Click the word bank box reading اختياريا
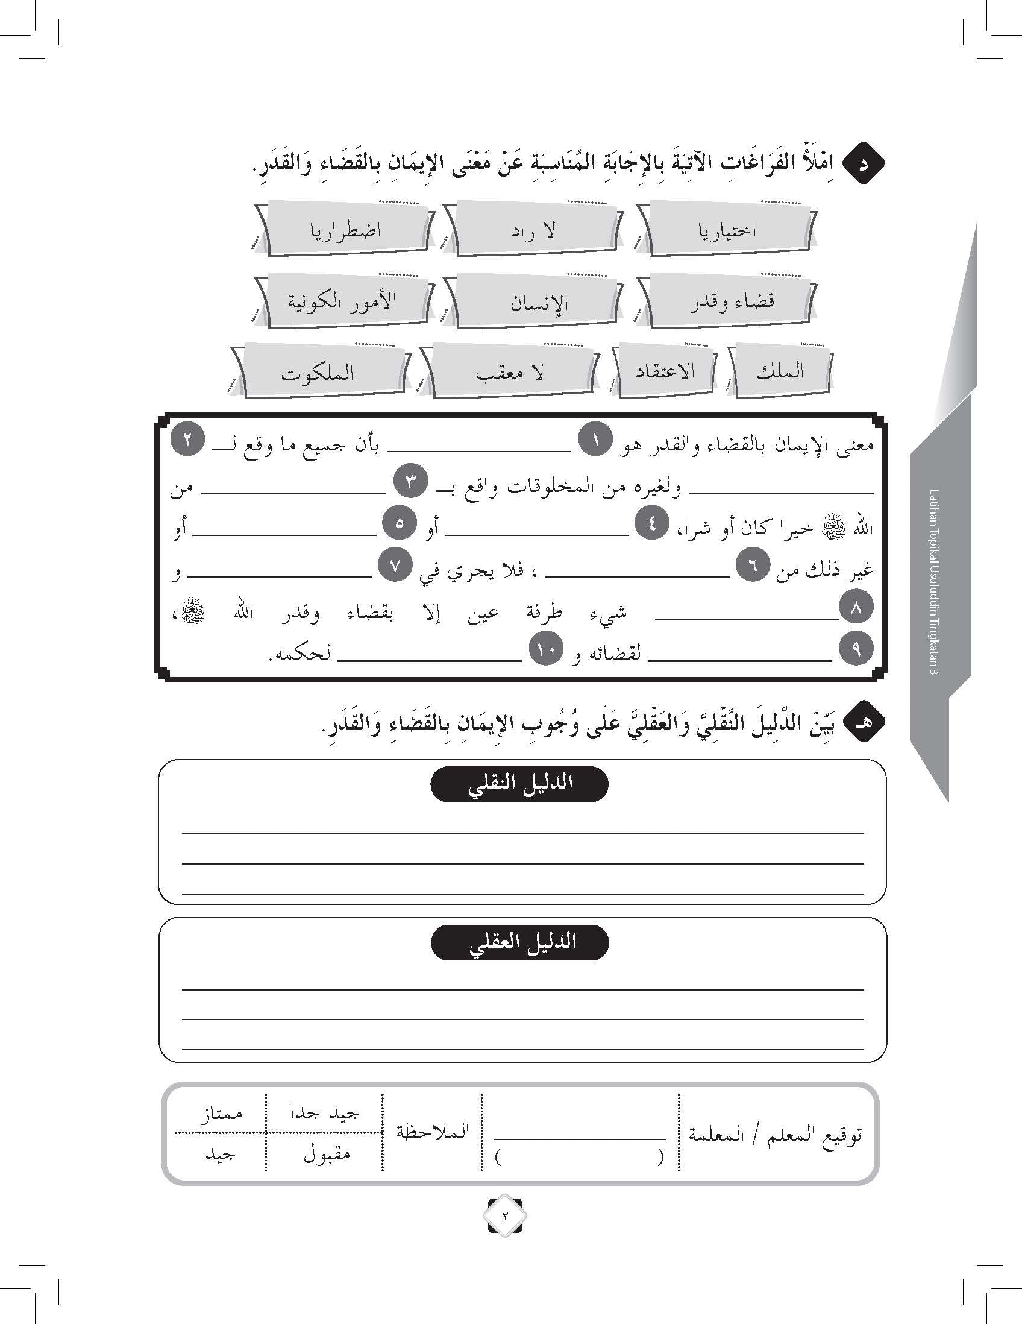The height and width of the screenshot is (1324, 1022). pos(727,230)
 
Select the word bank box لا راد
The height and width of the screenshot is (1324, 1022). pos(532,231)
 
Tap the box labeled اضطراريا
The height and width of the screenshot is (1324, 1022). pos(345,231)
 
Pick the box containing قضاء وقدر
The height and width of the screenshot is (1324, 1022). pos(730,301)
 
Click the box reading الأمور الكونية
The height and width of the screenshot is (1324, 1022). pos(342,301)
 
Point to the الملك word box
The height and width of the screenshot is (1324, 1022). pos(779,371)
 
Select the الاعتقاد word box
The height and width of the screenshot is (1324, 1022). pos(665,371)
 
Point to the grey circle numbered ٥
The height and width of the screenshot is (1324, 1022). pos(399,524)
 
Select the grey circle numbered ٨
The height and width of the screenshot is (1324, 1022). pos(856,608)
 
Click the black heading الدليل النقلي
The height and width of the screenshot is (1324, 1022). pos(519,784)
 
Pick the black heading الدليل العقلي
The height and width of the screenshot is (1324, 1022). pos(519,943)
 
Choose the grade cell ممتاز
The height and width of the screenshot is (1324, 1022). pos(221,1114)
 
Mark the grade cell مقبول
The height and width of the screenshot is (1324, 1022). pos(326,1153)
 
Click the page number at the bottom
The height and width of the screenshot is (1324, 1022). pos(504,1215)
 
